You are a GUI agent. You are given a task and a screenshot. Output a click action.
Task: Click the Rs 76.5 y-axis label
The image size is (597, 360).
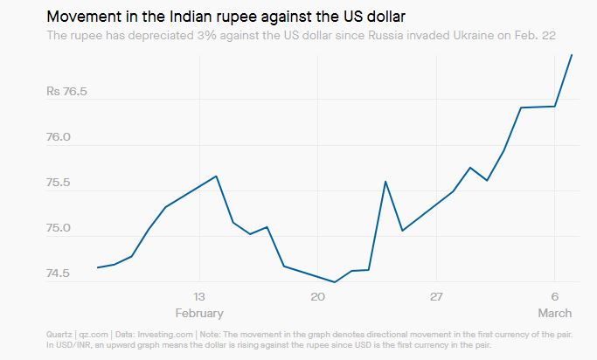[x=66, y=92]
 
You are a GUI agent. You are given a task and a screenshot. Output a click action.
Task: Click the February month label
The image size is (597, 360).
[x=199, y=313]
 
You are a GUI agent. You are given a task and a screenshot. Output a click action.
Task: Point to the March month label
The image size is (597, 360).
[x=555, y=313]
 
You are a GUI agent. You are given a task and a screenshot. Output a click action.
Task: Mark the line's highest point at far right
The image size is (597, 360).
[x=572, y=54]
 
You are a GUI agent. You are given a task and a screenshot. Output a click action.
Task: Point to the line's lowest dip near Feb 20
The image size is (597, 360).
[x=335, y=282]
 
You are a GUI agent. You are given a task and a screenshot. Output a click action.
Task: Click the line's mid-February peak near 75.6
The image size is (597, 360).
[x=216, y=177]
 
